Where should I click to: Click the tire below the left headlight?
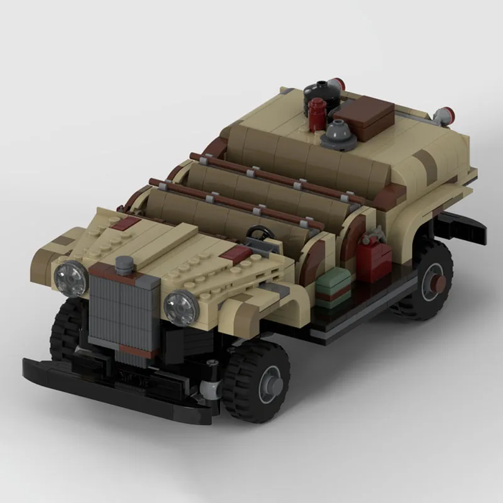coord(63,327)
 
